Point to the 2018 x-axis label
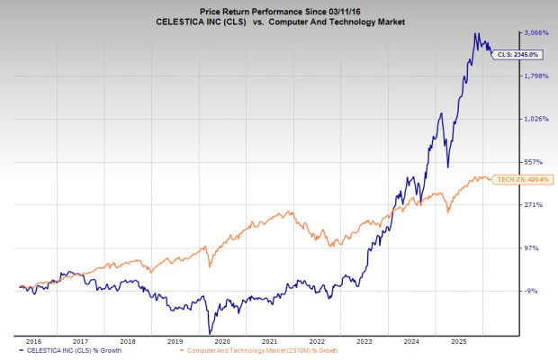(x=128, y=342)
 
